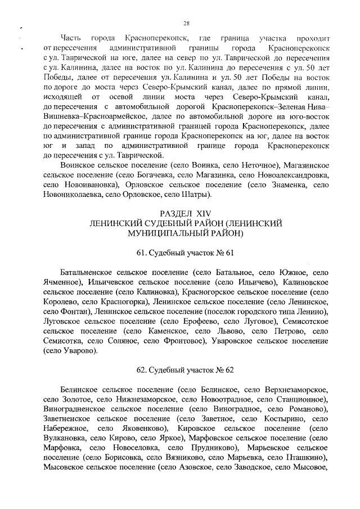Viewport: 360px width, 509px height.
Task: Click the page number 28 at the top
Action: coord(186,23)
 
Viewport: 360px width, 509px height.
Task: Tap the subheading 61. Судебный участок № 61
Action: coord(185,251)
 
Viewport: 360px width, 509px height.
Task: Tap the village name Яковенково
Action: coord(138,429)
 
